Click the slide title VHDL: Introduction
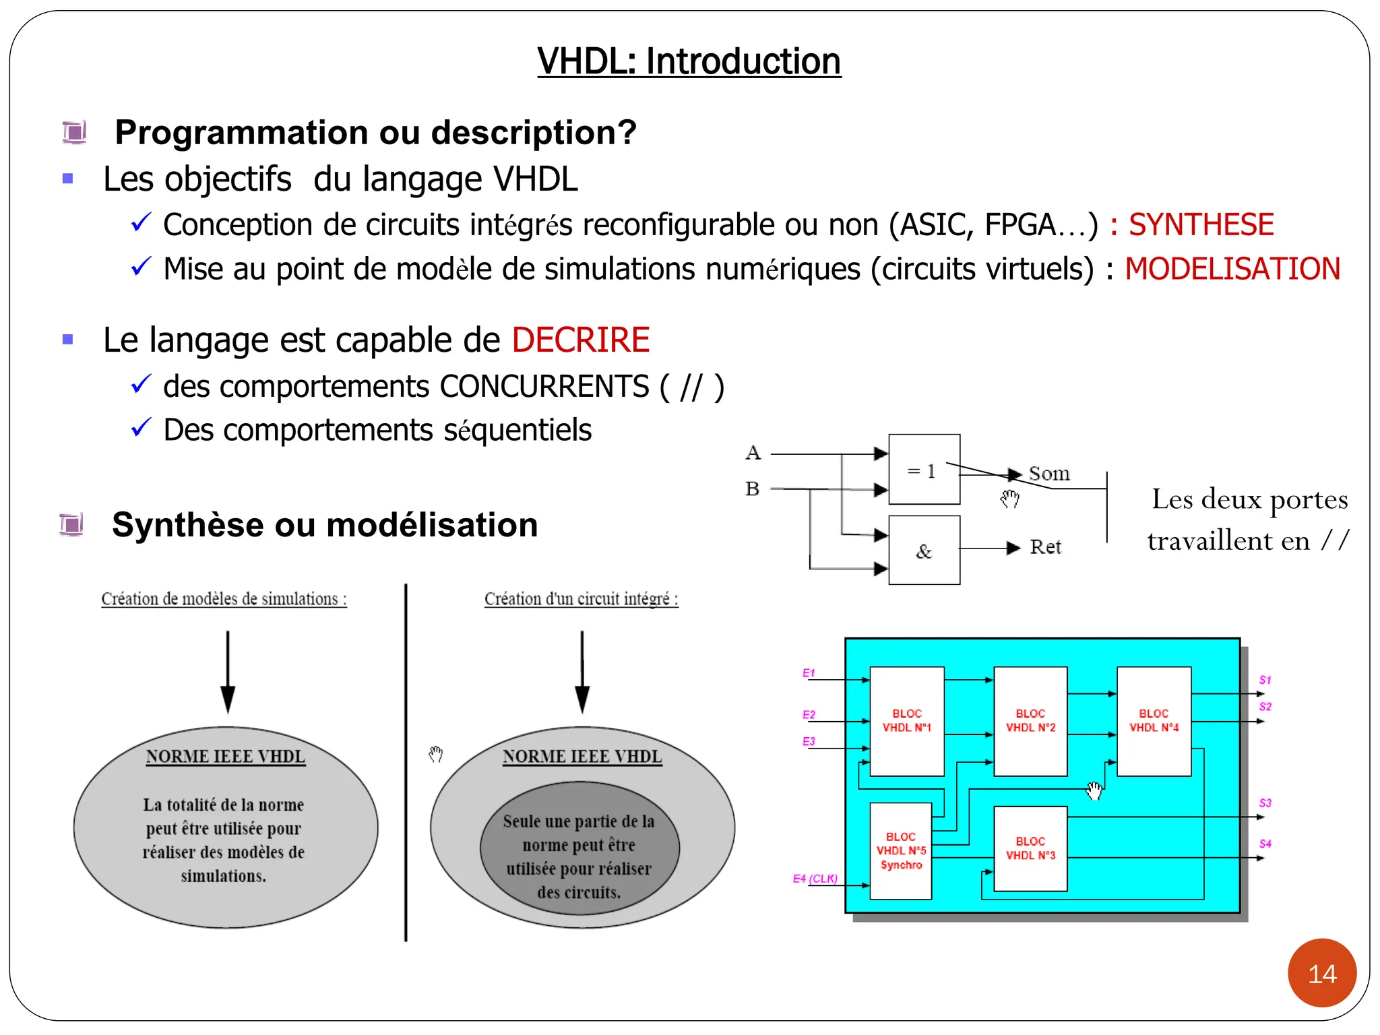pos(689,61)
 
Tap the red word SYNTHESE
pos(1201,225)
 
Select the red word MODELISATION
pos(1232,269)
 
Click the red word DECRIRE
pos(580,340)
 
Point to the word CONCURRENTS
pos(544,387)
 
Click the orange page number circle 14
pos(1321,973)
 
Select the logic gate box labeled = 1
pos(924,470)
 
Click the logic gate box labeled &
pos(924,551)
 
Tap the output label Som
pos(1048,474)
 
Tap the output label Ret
pos(1045,547)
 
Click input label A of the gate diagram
pos(753,453)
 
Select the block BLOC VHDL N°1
pos(906,721)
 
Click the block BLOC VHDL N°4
pos(1154,721)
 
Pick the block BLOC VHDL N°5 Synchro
pos(900,851)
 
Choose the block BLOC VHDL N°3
pos(1030,848)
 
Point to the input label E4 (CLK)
pos(815,879)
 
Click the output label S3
pos(1265,803)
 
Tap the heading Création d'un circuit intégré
pos(581,599)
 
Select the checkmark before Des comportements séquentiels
pos(141,428)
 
